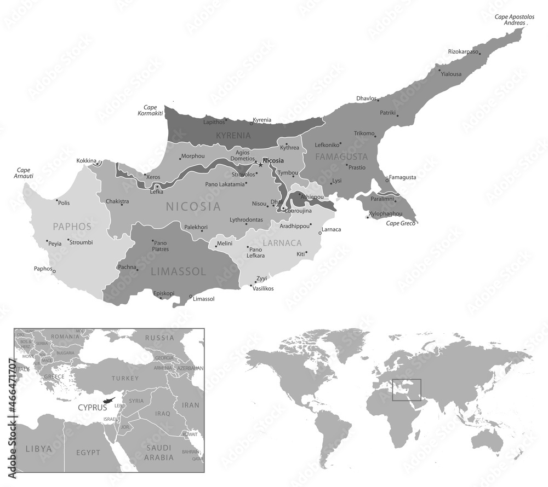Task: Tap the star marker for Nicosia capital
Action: click(x=261, y=163)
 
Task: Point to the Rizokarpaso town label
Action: click(x=463, y=52)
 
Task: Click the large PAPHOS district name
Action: click(x=72, y=226)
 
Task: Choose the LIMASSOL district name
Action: click(x=178, y=271)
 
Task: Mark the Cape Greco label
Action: click(x=401, y=223)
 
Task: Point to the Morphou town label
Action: click(x=192, y=156)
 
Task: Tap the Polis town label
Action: click(x=64, y=202)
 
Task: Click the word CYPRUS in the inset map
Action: click(x=92, y=407)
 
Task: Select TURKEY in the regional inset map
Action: click(x=125, y=378)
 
